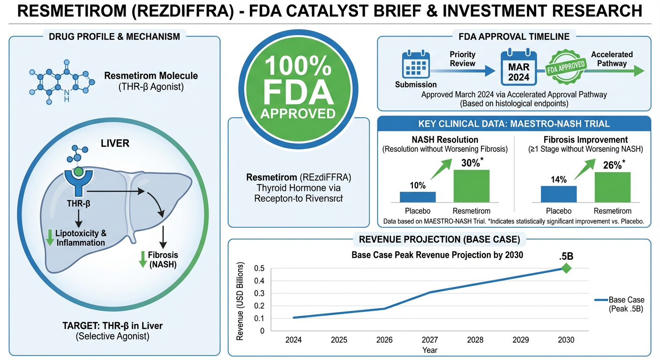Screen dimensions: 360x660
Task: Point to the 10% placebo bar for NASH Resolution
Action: tap(417, 197)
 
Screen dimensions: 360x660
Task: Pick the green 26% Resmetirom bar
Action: tap(612, 187)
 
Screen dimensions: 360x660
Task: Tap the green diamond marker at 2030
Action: tap(566, 268)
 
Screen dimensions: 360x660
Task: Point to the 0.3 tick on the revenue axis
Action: tap(259, 293)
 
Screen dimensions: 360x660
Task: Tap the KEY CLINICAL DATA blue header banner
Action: tap(514, 124)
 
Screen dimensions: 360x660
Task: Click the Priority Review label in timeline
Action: tap(462, 59)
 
